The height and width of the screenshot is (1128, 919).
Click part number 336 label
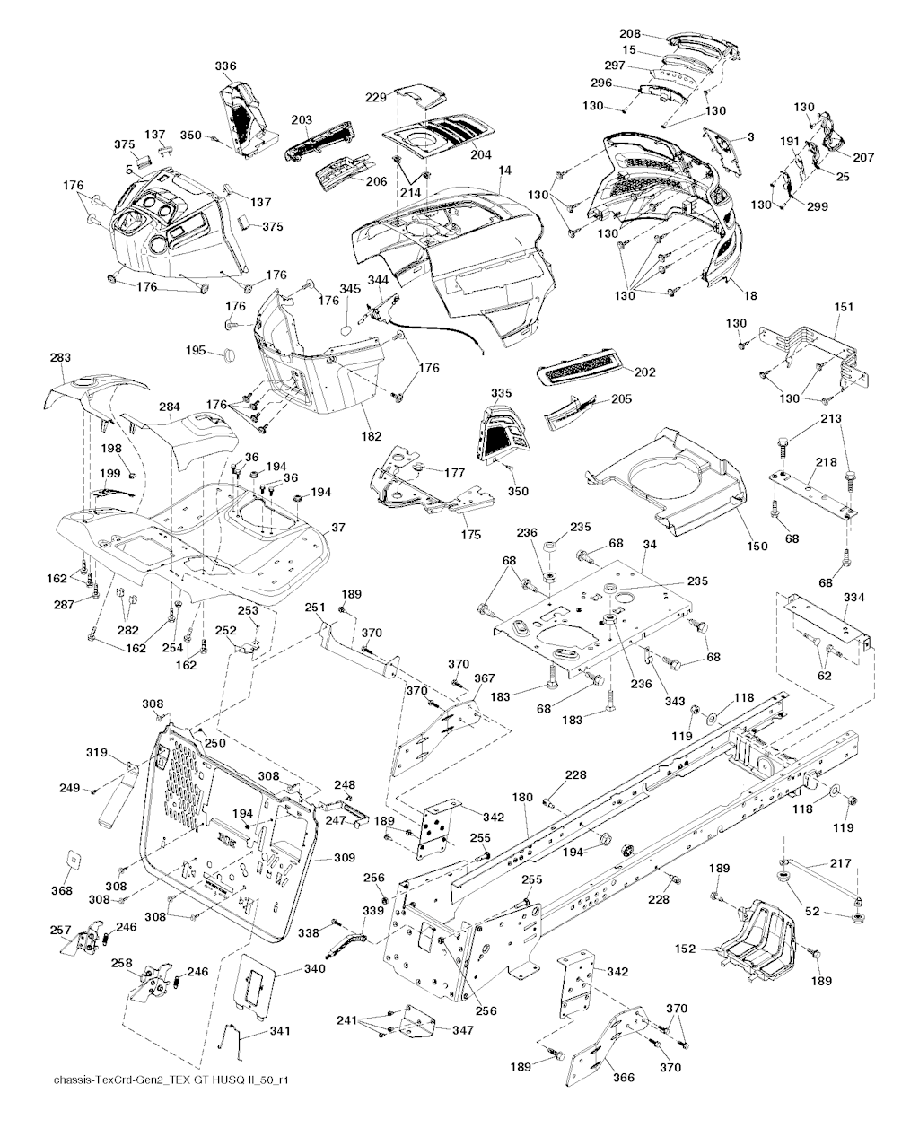click(225, 66)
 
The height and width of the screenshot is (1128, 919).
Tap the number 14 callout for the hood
click(505, 171)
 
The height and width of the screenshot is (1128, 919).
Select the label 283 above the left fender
click(60, 357)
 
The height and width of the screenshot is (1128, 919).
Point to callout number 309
click(344, 857)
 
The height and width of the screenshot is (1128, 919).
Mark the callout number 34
click(650, 545)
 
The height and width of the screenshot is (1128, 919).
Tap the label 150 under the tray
click(757, 546)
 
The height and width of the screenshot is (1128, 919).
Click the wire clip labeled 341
click(232, 1039)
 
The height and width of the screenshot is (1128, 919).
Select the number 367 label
click(484, 678)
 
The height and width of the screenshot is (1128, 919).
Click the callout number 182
click(371, 436)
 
